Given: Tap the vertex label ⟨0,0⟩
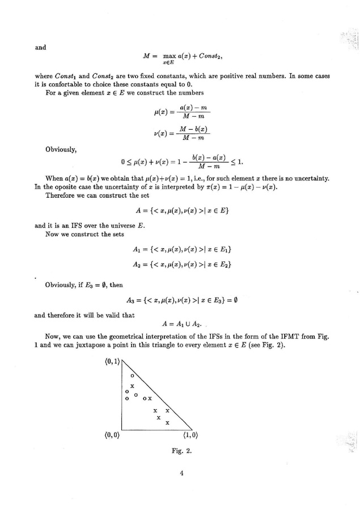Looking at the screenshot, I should [x=112, y=436].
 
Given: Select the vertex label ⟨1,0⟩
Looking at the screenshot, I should [x=190, y=436].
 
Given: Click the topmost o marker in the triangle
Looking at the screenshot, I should [x=132, y=375].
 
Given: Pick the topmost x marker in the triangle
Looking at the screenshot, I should [x=132, y=385].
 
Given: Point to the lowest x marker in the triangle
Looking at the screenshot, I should [x=167, y=423].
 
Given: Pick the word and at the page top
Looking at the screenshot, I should [x=40, y=48].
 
